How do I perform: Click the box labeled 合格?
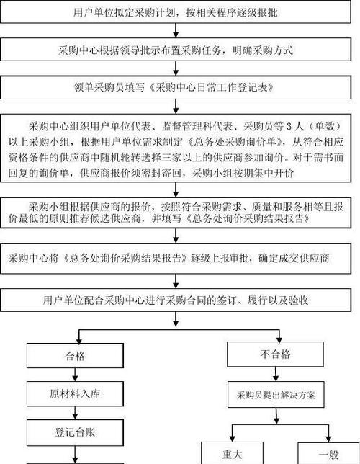tap(75, 355)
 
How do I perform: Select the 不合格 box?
tap(275, 354)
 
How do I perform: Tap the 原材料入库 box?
tap(75, 393)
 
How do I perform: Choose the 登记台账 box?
tap(75, 432)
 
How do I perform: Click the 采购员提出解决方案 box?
tap(276, 394)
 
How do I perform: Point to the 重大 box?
tap(233, 453)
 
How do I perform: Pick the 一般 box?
tap(328, 453)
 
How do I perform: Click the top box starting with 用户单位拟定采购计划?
tap(176, 13)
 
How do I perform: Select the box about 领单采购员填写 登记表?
tap(176, 87)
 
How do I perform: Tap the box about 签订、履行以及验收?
tap(176, 300)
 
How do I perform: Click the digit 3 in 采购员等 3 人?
tap(289, 126)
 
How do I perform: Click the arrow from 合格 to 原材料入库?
tap(75, 375)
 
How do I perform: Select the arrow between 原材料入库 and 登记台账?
tap(75, 413)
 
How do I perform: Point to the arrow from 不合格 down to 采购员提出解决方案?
tap(276, 374)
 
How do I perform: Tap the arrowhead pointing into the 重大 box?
tap(233, 439)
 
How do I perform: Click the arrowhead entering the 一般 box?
tap(328, 439)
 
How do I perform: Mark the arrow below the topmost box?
tap(176, 30)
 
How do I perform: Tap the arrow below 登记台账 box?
tap(75, 455)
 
